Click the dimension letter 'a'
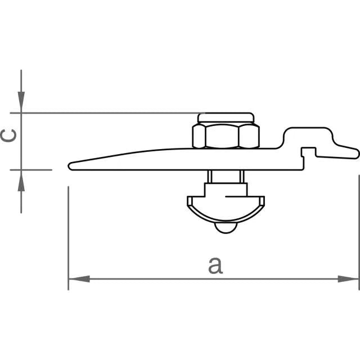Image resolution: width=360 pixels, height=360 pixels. tap(215, 265)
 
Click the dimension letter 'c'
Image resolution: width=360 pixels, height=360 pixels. tap(8, 136)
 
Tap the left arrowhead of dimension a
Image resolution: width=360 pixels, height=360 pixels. tap(79, 279)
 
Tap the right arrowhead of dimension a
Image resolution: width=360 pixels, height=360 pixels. tap(348, 279)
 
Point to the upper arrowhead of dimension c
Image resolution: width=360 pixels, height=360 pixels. tap(21, 102)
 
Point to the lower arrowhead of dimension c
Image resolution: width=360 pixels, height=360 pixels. tap(21, 181)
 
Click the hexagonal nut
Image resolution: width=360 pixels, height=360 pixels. tap(226, 136)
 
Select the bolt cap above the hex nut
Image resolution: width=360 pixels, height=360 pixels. tap(226, 118)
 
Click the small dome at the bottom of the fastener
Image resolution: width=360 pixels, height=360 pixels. tap(226, 228)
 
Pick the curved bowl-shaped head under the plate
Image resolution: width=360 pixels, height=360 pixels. tap(226, 210)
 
